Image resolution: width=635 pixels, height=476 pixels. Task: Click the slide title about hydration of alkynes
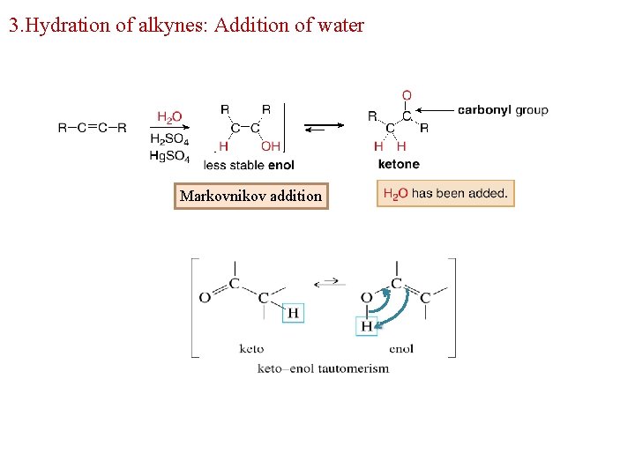pyautogui.click(x=186, y=26)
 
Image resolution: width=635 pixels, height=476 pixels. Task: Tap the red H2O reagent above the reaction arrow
pyautogui.click(x=169, y=116)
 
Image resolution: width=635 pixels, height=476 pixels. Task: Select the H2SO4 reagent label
pyautogui.click(x=169, y=139)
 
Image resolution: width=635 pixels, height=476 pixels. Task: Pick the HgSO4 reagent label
pyautogui.click(x=169, y=155)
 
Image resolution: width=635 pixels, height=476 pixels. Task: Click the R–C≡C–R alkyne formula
pyautogui.click(x=92, y=128)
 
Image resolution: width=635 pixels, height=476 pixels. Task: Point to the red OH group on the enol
pyautogui.click(x=270, y=146)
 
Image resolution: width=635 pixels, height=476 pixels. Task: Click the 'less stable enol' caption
pyautogui.click(x=249, y=165)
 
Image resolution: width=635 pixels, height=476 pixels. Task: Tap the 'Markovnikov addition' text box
pyautogui.click(x=251, y=196)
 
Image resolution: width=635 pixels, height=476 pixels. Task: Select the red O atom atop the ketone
pyautogui.click(x=407, y=95)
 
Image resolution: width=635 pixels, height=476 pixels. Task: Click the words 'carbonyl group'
pyautogui.click(x=503, y=110)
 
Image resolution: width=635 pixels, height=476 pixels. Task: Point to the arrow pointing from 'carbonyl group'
pyautogui.click(x=434, y=110)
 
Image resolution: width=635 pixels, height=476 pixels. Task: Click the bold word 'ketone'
pyautogui.click(x=399, y=164)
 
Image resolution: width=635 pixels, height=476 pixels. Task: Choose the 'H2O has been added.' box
pyautogui.click(x=445, y=194)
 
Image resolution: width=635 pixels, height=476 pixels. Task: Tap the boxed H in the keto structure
pyautogui.click(x=293, y=313)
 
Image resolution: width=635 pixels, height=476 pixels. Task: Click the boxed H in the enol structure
pyautogui.click(x=366, y=326)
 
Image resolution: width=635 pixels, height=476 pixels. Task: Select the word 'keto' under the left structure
pyautogui.click(x=251, y=348)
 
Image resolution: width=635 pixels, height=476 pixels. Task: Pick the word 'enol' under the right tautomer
pyautogui.click(x=400, y=348)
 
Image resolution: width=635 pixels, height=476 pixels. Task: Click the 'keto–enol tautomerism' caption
pyautogui.click(x=323, y=368)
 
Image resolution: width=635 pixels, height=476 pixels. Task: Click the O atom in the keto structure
pyautogui.click(x=205, y=298)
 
